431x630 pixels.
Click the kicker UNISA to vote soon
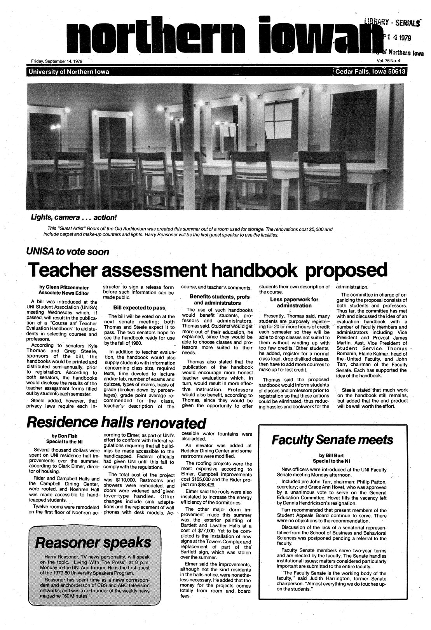point(67,251)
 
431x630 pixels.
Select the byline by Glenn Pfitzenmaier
point(64,288)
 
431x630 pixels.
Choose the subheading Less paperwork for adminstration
point(293,302)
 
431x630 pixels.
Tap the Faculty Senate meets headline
point(332,440)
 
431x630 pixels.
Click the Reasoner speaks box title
point(93,542)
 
